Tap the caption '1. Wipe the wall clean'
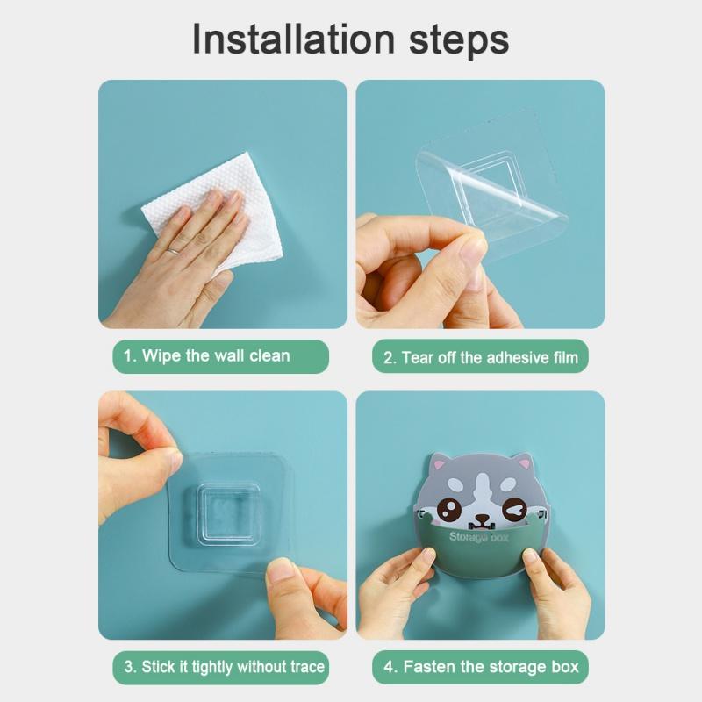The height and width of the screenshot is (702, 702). pyautogui.click(x=207, y=356)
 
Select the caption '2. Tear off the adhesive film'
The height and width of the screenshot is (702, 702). pyautogui.click(x=482, y=357)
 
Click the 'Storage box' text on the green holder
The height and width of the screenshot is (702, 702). pyautogui.click(x=478, y=536)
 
